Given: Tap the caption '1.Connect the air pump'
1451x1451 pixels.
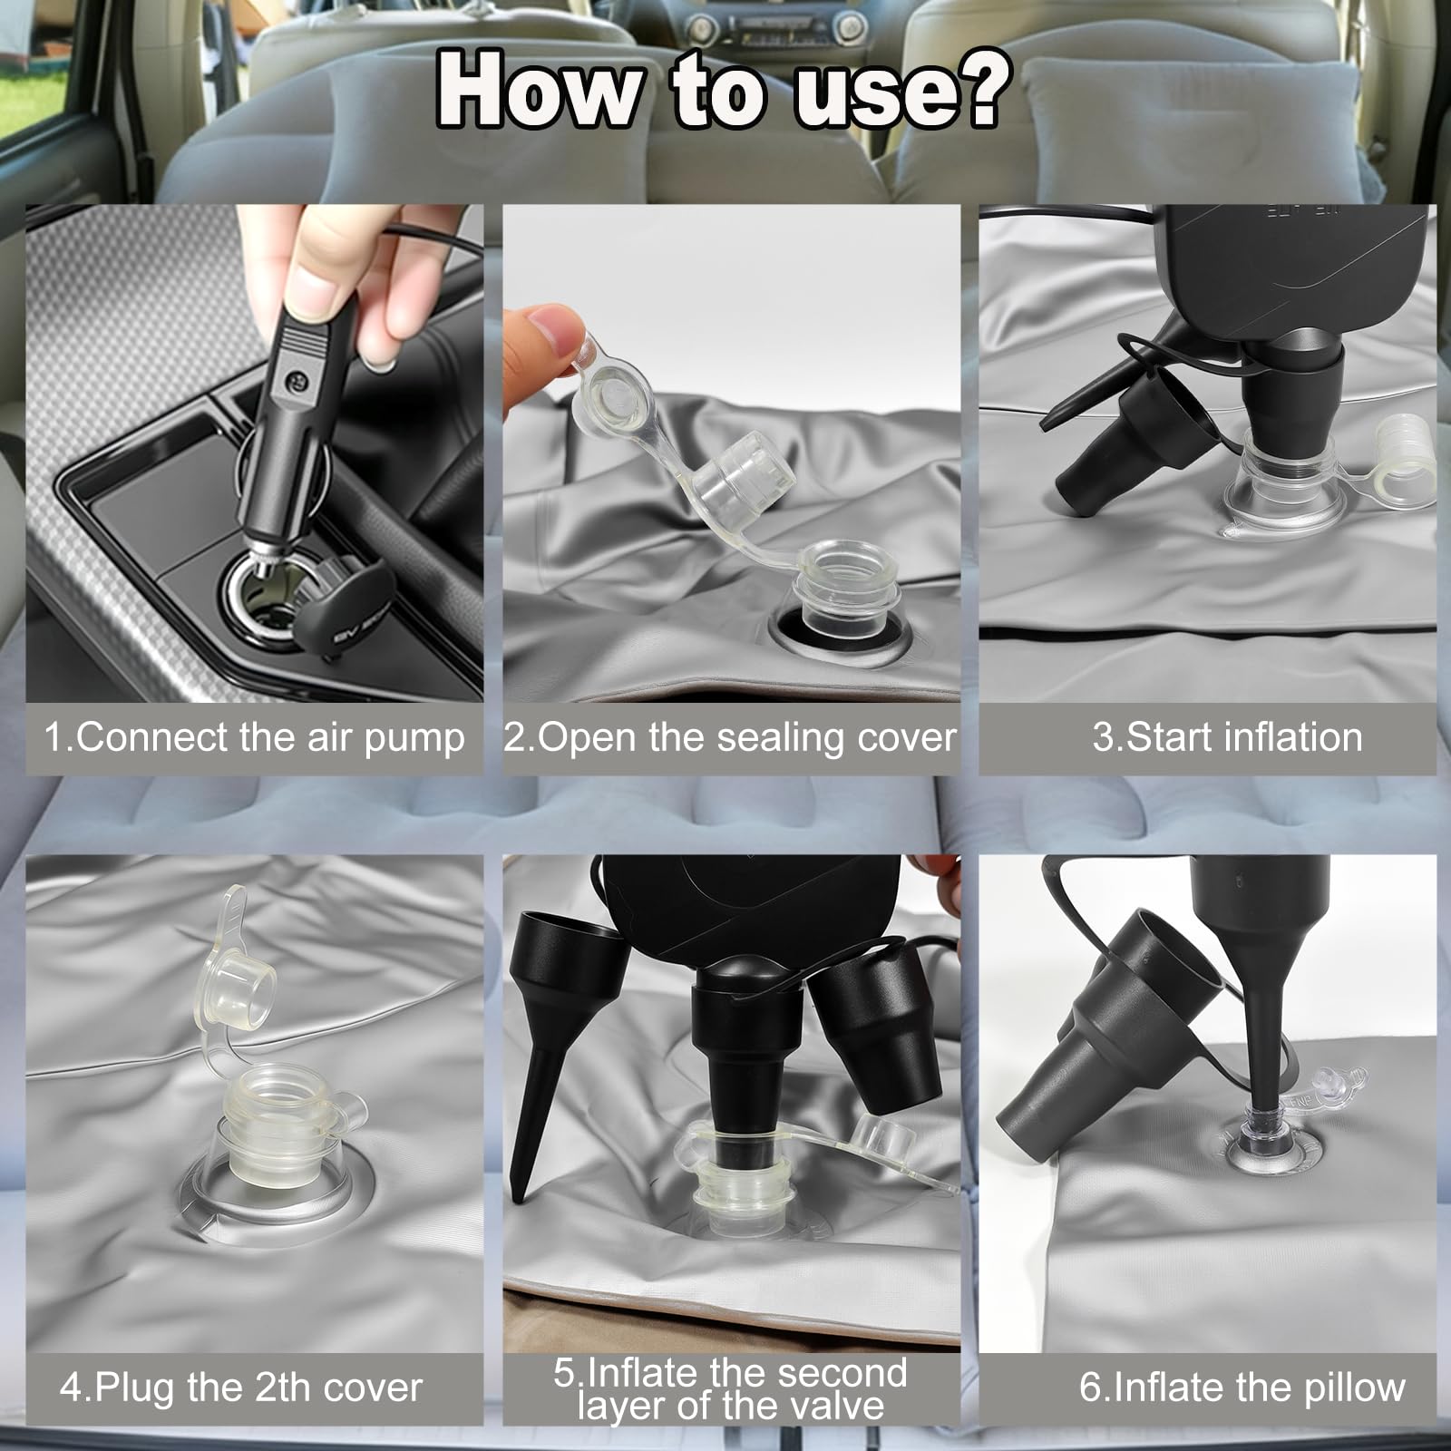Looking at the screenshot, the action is pyautogui.click(x=255, y=738).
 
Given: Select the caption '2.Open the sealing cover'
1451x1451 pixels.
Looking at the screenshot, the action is pyautogui.click(x=730, y=738).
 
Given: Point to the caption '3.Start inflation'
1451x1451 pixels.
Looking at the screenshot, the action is pyautogui.click(x=1227, y=738).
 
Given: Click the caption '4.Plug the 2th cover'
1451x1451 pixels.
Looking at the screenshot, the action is pyautogui.click(x=241, y=1388).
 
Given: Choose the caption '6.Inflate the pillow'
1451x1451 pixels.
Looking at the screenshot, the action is pyautogui.click(x=1242, y=1388).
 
